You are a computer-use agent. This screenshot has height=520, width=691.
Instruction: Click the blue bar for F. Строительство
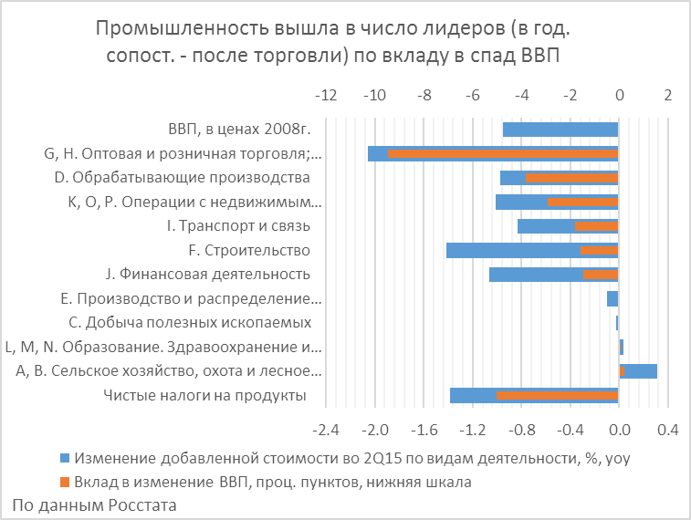click(511, 250)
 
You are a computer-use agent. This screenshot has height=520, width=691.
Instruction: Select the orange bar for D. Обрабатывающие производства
click(571, 178)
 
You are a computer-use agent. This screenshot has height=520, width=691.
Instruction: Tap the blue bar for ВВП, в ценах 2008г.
click(560, 130)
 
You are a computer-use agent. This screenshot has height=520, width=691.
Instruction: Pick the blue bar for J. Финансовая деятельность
click(535, 274)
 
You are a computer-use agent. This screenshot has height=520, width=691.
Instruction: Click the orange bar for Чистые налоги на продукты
click(557, 395)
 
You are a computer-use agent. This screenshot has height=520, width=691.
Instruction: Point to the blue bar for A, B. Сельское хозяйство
click(642, 370)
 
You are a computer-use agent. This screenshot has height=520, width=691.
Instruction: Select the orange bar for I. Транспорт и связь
click(596, 226)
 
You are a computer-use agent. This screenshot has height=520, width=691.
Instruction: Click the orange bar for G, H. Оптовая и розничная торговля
click(503, 153)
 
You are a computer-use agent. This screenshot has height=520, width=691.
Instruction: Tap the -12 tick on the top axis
click(325, 96)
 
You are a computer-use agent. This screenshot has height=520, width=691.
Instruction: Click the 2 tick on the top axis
click(667, 96)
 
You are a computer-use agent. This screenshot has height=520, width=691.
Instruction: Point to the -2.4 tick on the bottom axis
click(325, 429)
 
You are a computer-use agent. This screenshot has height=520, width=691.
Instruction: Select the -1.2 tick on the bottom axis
click(472, 429)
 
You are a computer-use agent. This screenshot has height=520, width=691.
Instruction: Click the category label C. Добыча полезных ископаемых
click(190, 322)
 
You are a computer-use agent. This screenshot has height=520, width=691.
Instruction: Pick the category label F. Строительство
click(249, 250)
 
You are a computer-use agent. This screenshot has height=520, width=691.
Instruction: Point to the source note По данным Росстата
click(95, 504)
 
